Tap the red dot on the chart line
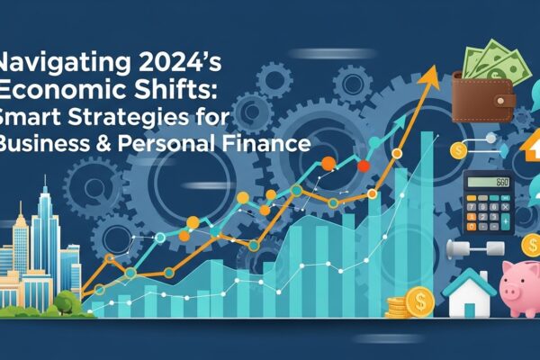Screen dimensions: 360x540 363,166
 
